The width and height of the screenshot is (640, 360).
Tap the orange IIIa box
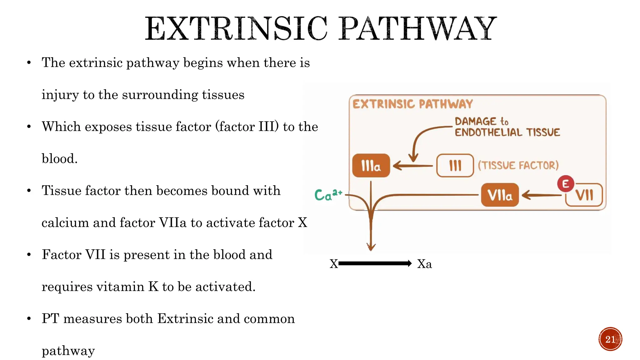371,166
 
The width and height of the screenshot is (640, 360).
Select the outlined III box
455,166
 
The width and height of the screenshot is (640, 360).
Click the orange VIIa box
500,195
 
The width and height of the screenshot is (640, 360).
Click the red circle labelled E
565,184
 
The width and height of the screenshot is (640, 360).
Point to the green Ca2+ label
328,195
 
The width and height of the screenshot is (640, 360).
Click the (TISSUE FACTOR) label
518,165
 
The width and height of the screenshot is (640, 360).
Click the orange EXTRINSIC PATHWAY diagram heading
412,104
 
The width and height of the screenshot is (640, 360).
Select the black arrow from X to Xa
375,263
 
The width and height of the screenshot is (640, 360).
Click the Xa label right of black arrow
424,264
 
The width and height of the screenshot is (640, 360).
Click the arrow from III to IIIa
412,166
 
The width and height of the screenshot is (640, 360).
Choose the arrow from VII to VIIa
541,195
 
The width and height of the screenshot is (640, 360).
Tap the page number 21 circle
610,339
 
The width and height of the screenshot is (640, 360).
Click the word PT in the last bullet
50,319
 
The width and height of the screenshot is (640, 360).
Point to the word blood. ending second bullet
59,159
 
